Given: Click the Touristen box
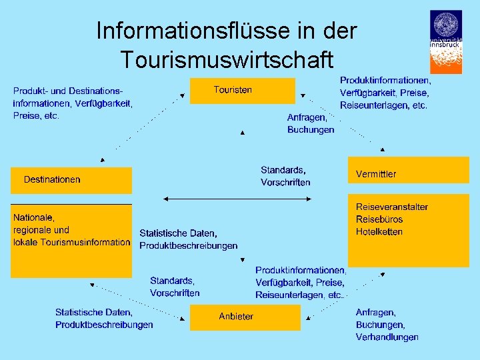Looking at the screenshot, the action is [x=242, y=91].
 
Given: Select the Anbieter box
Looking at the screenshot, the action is [x=245, y=317].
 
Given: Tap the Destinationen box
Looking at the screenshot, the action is [x=71, y=180].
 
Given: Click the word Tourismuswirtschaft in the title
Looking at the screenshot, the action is [x=226, y=59].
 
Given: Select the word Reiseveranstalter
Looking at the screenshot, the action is [x=391, y=207].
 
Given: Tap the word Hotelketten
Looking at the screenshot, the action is [x=379, y=232].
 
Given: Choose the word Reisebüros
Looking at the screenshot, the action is [x=379, y=219].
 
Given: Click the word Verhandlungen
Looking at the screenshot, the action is [x=387, y=337].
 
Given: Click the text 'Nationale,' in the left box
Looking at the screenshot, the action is [x=34, y=217].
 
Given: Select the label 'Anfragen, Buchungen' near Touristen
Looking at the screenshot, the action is [x=311, y=123].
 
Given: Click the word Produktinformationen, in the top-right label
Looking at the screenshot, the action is [x=385, y=80].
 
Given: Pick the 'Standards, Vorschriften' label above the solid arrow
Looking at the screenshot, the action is [x=285, y=176].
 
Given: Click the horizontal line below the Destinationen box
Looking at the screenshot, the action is [x=71, y=203].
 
